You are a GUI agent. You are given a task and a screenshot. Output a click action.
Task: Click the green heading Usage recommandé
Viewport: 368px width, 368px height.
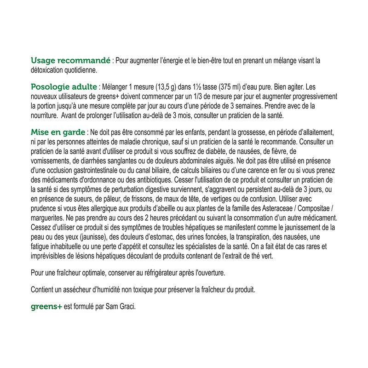(69, 61)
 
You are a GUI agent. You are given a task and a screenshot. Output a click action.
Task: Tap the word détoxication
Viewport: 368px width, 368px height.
(48, 70)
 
